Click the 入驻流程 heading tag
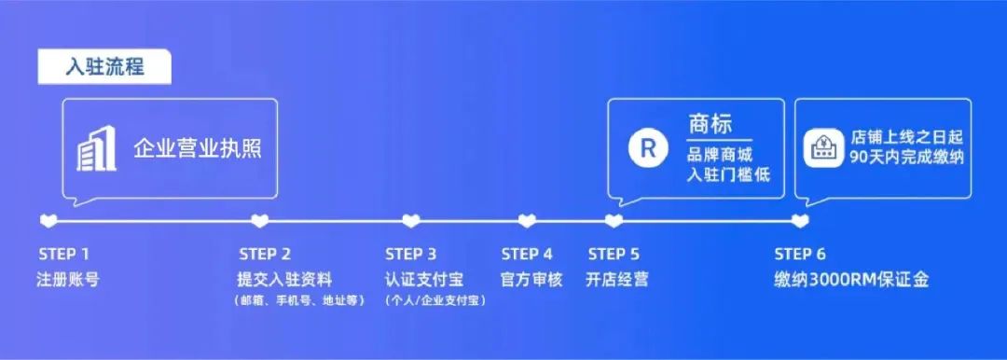pos(104,67)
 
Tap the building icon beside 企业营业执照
pos(96,148)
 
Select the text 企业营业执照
pos(198,148)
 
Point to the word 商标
pos(710,124)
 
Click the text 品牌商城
pos(719,156)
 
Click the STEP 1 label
pos(64,254)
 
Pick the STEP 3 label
pos(411,254)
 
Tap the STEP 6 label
pos(800,254)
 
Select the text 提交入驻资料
pos(284,279)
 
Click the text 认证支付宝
pos(424,279)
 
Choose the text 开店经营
pos(617,279)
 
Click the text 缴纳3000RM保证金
pos(851,279)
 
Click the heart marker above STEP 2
pos(261,221)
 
